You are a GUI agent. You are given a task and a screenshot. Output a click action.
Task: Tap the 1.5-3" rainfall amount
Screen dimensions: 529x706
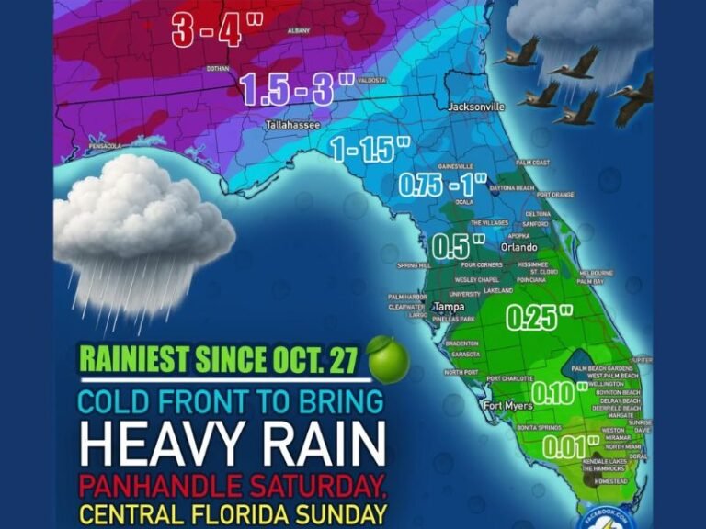coord(296,89)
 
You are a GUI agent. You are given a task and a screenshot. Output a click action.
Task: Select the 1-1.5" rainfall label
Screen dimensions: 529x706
coord(370,150)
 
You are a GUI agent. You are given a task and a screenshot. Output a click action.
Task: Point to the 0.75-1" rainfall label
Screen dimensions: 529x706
coord(441,184)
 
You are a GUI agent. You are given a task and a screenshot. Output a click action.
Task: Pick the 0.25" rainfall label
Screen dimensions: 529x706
coord(539,317)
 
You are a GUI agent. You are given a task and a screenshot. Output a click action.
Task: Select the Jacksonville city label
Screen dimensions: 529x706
coord(476,107)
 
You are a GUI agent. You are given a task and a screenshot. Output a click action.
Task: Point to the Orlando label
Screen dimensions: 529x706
coord(517,248)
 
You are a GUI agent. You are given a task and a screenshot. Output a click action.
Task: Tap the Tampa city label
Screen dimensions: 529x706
coord(449,306)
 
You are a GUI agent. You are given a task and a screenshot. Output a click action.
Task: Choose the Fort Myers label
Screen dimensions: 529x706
coord(507,406)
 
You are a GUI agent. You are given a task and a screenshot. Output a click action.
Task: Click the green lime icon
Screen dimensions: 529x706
coord(387,358)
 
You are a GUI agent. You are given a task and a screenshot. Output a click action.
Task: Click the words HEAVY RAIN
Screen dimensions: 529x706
coord(232,445)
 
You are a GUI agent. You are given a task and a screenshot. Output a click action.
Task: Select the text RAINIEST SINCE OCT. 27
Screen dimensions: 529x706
coord(217,361)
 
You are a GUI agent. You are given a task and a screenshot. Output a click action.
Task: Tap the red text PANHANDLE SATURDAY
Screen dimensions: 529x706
coord(231,484)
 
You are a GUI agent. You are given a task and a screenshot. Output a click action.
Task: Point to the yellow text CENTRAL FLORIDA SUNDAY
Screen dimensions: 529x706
coord(232,512)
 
